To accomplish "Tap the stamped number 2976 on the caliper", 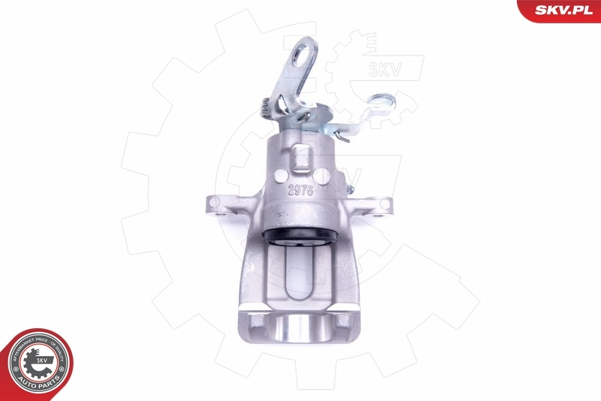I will [x=301, y=191].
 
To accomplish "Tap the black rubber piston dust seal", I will [x=300, y=238].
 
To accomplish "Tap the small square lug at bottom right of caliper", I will [x=343, y=322].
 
